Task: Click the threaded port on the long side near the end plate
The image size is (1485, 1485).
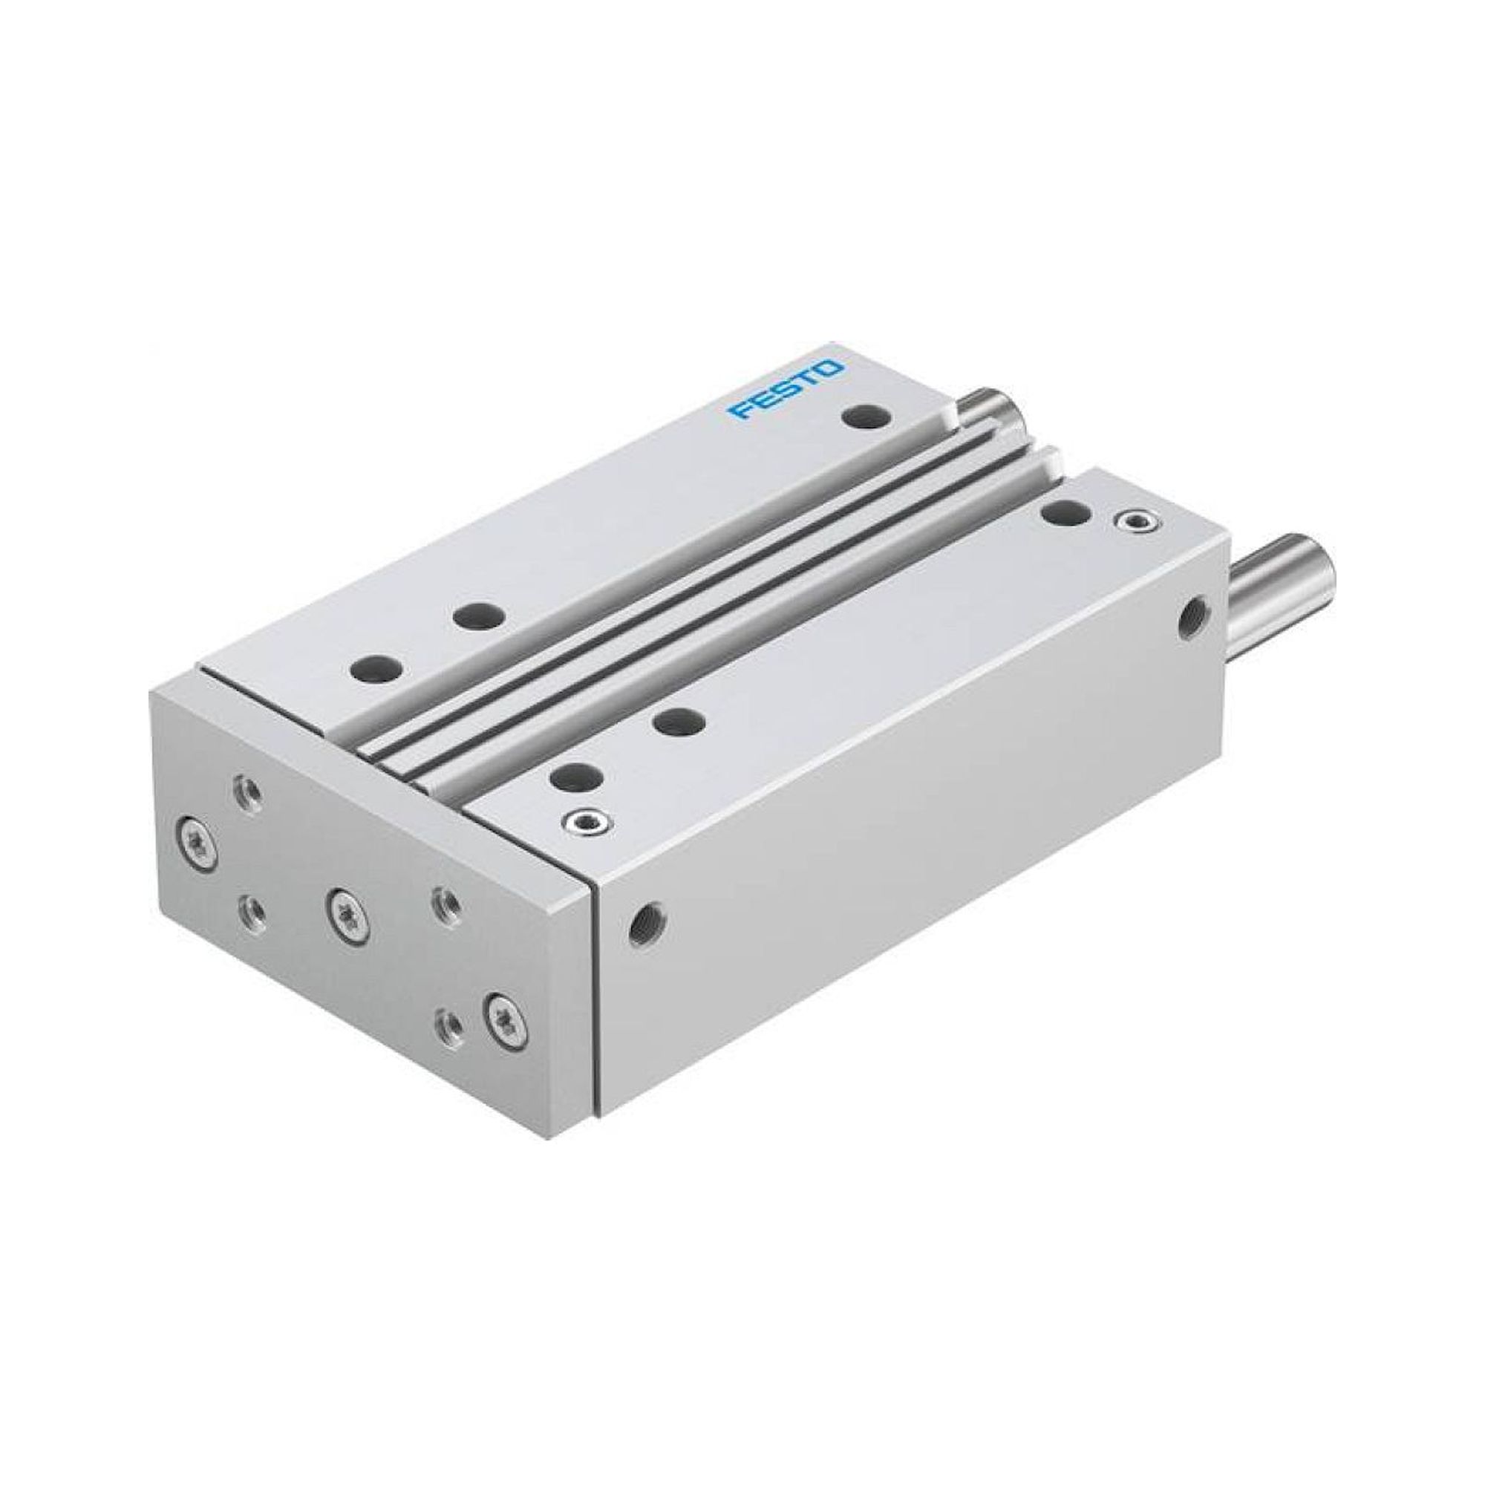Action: click(x=648, y=918)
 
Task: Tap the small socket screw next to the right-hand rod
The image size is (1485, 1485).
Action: click(x=1129, y=523)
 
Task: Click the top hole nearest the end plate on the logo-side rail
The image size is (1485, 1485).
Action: click(x=376, y=667)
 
